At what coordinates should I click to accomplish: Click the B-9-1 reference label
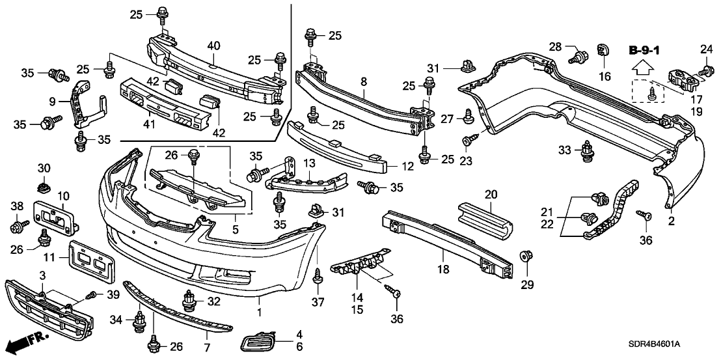click(644, 49)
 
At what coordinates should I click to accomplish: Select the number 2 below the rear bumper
click(670, 221)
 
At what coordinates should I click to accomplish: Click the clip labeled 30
click(44, 188)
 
